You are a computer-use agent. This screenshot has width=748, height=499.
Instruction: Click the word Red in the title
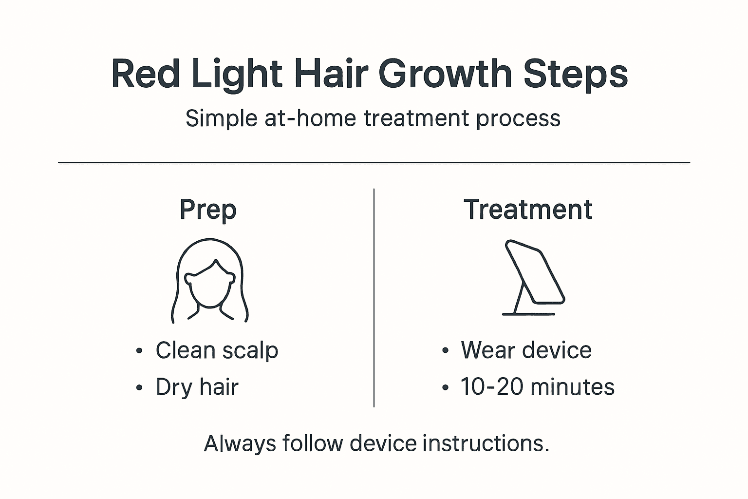(x=145, y=74)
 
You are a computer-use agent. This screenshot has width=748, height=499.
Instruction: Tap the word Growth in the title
(x=445, y=74)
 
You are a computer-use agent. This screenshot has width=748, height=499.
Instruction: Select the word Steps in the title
(x=575, y=74)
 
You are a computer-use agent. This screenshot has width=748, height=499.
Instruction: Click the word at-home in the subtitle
(x=310, y=118)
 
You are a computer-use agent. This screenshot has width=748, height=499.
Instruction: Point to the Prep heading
(x=208, y=210)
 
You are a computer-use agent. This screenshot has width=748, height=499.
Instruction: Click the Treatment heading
(x=528, y=210)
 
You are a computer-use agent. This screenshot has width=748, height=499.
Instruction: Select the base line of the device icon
(x=528, y=314)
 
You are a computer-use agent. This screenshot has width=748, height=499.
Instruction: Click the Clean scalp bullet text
(x=217, y=350)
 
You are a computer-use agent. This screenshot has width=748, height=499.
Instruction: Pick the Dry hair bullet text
(x=197, y=387)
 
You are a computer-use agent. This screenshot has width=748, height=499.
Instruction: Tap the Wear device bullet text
(x=526, y=350)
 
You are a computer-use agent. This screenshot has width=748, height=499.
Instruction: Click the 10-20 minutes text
(x=538, y=387)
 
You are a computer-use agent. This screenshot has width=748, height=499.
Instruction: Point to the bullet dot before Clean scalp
(x=140, y=351)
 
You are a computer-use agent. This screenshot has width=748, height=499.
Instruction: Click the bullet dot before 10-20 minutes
(x=445, y=388)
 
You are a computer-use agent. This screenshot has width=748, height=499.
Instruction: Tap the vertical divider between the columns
(x=374, y=297)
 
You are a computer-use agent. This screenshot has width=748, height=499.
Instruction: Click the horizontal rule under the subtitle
(x=374, y=163)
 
